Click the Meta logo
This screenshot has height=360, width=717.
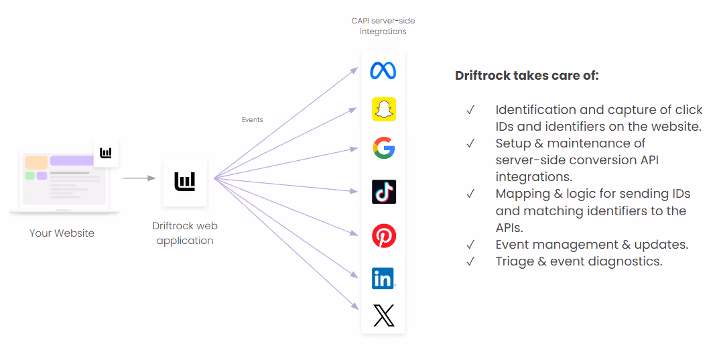coord(383,70)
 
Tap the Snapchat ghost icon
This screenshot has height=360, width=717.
coord(384,109)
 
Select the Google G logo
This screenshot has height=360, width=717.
coord(384,147)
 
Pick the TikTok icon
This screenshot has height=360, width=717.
coord(384,192)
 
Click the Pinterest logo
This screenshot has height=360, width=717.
coord(384,236)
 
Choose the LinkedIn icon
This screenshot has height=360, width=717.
coord(384,279)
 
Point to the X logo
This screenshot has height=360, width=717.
coord(384,316)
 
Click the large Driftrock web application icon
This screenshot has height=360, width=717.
coord(185,181)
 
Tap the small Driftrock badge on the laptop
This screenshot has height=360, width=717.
coord(106,153)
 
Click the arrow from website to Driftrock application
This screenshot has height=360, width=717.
coord(139,178)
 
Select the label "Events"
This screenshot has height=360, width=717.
coord(253,120)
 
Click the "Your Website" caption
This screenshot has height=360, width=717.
coord(62,233)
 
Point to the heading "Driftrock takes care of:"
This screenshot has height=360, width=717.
coord(527,76)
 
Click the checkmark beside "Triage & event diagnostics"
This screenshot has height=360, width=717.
coord(470,261)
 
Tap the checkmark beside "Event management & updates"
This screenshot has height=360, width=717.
coord(470,245)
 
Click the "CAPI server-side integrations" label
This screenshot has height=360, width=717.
coord(383,26)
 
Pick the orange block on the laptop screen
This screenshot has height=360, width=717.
coord(37,162)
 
